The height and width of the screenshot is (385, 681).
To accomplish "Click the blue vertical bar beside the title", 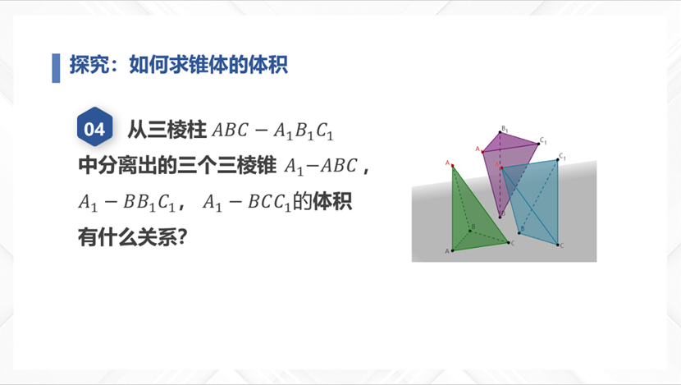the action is pyautogui.click(x=56, y=68).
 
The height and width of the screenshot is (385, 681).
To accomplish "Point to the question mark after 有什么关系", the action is pyautogui.click(x=182, y=236).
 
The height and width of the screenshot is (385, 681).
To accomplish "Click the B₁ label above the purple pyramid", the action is pyautogui.click(x=505, y=129).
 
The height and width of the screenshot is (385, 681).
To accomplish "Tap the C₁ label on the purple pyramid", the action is pyautogui.click(x=543, y=140).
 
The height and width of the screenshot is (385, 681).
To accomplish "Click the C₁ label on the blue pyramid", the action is pyautogui.click(x=562, y=156).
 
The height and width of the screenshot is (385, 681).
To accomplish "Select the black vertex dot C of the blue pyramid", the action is pyautogui.click(x=558, y=245).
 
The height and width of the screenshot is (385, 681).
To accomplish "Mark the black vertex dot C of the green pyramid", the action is pyautogui.click(x=509, y=242).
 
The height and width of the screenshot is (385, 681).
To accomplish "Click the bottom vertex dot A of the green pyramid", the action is pyautogui.click(x=453, y=250).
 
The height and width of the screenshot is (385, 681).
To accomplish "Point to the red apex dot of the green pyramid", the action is pyautogui.click(x=452, y=166).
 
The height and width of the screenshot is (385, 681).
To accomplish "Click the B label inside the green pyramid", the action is pyautogui.click(x=473, y=227).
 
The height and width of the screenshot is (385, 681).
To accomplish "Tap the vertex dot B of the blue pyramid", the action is pyautogui.click(x=519, y=233).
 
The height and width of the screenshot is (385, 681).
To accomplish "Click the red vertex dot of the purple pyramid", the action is pyautogui.click(x=482, y=152).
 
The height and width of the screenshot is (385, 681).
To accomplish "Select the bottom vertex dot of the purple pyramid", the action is pyautogui.click(x=500, y=217).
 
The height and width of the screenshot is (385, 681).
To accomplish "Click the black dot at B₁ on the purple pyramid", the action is pyautogui.click(x=500, y=132).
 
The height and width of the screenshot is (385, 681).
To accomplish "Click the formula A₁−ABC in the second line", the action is pyautogui.click(x=321, y=167).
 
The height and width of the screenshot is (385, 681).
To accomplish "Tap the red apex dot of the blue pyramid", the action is pyautogui.click(x=501, y=167).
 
